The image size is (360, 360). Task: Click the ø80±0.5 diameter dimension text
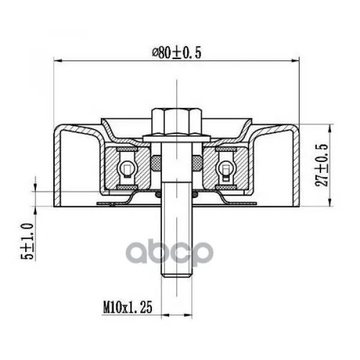click(176, 53)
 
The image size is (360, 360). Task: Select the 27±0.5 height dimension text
click(322, 165)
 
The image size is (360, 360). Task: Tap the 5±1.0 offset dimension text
click(28, 241)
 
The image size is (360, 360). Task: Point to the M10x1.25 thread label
click(128, 308)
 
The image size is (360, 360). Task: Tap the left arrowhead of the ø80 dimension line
click(58, 61)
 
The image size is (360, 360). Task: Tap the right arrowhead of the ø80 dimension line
click(295, 61)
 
